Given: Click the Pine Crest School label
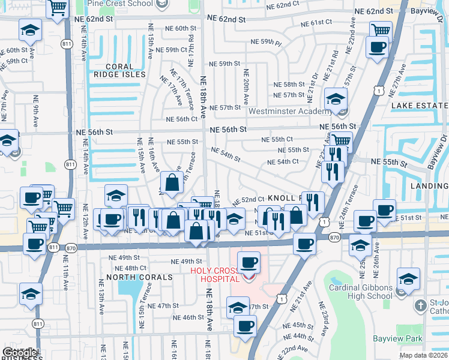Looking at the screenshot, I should click(120, 4).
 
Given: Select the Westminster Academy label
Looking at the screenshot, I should click(293, 111).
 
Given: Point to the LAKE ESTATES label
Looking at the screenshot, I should click(420, 106).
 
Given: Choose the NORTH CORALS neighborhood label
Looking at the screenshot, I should click(132, 277).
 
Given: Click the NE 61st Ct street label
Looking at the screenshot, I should click(309, 22).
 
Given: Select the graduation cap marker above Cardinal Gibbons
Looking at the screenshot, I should click(408, 278).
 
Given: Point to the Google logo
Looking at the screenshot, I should click(20, 353).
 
